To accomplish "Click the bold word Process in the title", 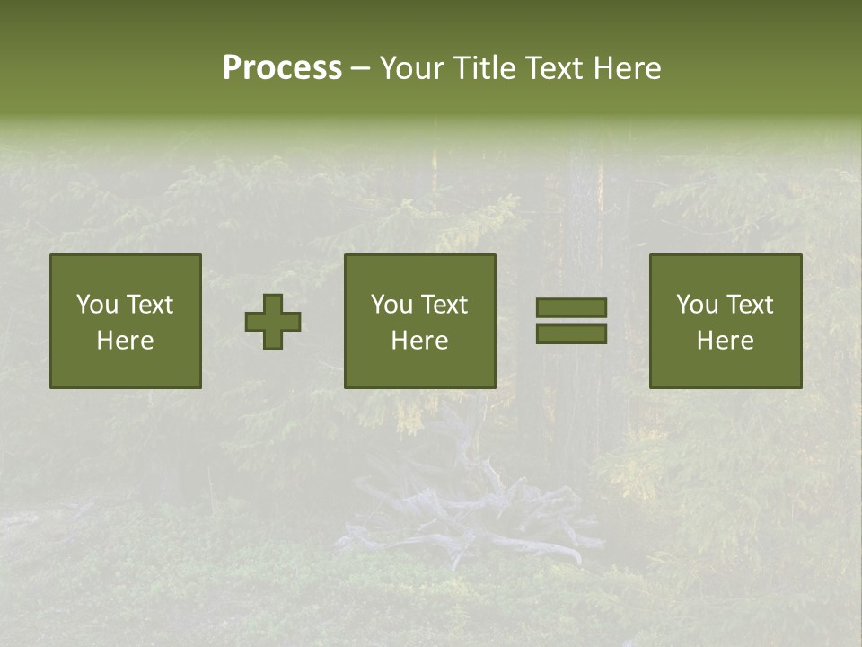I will pos(282,67).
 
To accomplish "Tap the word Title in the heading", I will pos(485,67).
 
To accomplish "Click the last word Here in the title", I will pos(628,67).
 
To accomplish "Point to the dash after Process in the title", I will pos(360,69).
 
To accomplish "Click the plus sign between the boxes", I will pos(273,322).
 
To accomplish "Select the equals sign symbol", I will pos(571,321).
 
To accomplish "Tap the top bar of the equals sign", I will pos(571,308).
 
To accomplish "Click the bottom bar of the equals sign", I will pos(571,334).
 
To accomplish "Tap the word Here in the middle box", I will pos(419,341).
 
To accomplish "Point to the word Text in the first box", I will pos(149,305).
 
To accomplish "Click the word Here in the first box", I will pos(125,341).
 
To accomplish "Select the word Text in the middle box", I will pos(444,305).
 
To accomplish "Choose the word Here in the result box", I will pos(725,341).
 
